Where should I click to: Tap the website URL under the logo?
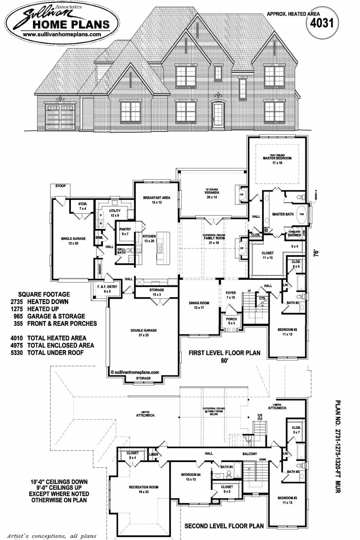pyautogui.click(x=58, y=34)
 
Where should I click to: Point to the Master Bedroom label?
pyautogui.click(x=277, y=158)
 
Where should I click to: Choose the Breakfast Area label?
pyautogui.click(x=157, y=198)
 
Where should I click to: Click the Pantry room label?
pyautogui.click(x=125, y=229)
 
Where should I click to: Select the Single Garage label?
pyautogui.click(x=73, y=238)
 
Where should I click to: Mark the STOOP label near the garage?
pyautogui.click(x=60, y=186)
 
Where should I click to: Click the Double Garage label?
pyautogui.click(x=143, y=330)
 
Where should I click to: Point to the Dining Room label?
pyautogui.click(x=199, y=303)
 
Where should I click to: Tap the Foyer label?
pyautogui.click(x=231, y=293)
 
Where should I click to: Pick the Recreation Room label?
pyautogui.click(x=143, y=487)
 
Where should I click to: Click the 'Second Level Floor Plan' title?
pyautogui.click(x=224, y=526)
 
